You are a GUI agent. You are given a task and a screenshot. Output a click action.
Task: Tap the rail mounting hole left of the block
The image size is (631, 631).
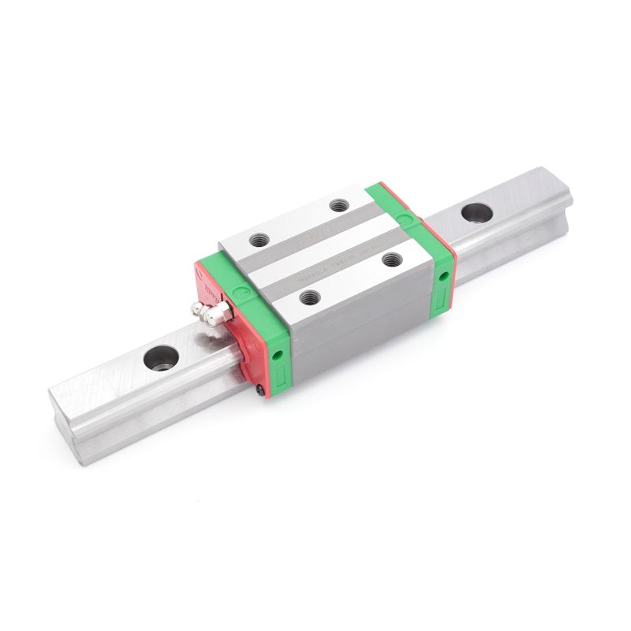pyautogui.click(x=161, y=357)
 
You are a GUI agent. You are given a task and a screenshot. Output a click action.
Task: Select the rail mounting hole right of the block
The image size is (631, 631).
pyautogui.click(x=476, y=212)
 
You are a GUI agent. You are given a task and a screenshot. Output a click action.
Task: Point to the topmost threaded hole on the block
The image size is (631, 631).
pyautogui.click(x=339, y=205)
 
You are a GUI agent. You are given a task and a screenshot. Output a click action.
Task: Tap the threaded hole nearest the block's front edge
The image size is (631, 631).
pyautogui.click(x=308, y=297)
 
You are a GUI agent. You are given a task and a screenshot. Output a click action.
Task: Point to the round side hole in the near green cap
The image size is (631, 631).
pyautogui.click(x=277, y=356)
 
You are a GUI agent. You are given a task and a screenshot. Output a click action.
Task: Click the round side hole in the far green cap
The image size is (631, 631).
pyautogui.click(x=443, y=275)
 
